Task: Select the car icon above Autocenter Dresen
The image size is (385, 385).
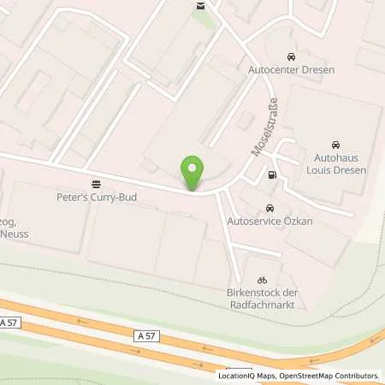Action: pyautogui.click(x=290, y=54)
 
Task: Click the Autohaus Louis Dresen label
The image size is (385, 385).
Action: pyautogui.click(x=336, y=163)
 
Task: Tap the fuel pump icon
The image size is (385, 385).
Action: pyautogui.click(x=273, y=175)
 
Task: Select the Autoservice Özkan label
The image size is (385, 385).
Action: pyautogui.click(x=269, y=221)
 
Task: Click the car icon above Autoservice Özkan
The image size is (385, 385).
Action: pyautogui.click(x=270, y=208)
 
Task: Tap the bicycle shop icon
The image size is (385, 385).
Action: pyautogui.click(x=263, y=280)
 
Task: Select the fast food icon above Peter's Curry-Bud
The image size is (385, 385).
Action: pyautogui.click(x=95, y=183)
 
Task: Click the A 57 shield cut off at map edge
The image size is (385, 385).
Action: pyautogui.click(x=9, y=322)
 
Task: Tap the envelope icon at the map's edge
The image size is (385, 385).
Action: pyautogui.click(x=200, y=5)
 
